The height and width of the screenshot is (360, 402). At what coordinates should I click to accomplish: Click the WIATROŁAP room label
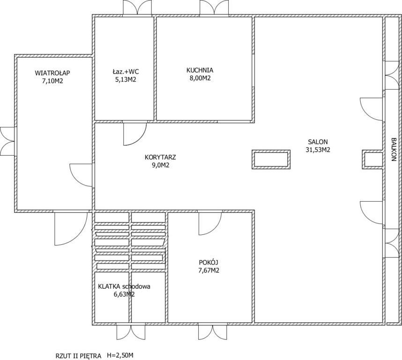[x=52, y=73]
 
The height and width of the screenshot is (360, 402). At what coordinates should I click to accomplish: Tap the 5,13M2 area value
[x=126, y=80]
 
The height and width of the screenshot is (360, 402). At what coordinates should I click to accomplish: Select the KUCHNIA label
[x=200, y=70]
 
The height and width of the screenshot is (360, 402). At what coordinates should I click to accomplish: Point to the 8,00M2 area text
[x=200, y=78]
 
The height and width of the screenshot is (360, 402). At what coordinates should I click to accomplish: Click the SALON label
[x=318, y=142]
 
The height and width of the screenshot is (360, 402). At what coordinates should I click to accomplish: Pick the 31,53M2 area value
[x=318, y=150]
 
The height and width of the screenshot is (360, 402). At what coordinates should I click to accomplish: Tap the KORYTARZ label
[x=160, y=157]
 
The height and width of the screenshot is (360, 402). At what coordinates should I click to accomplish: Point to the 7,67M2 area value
[x=208, y=270]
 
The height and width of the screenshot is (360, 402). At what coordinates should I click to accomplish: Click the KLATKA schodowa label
[x=124, y=286]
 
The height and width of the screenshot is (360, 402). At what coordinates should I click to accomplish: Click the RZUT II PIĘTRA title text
[x=78, y=356]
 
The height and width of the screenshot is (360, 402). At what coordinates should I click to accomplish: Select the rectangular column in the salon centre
[x=271, y=159]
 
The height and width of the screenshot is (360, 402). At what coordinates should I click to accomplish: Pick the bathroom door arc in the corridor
[x=135, y=134]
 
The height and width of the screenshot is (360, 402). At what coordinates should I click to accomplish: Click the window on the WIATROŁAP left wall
[x=7, y=141]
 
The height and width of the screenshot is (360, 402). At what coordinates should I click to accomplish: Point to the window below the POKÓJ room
[x=213, y=332]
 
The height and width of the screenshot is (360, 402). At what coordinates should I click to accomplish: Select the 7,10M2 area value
[x=52, y=81]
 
